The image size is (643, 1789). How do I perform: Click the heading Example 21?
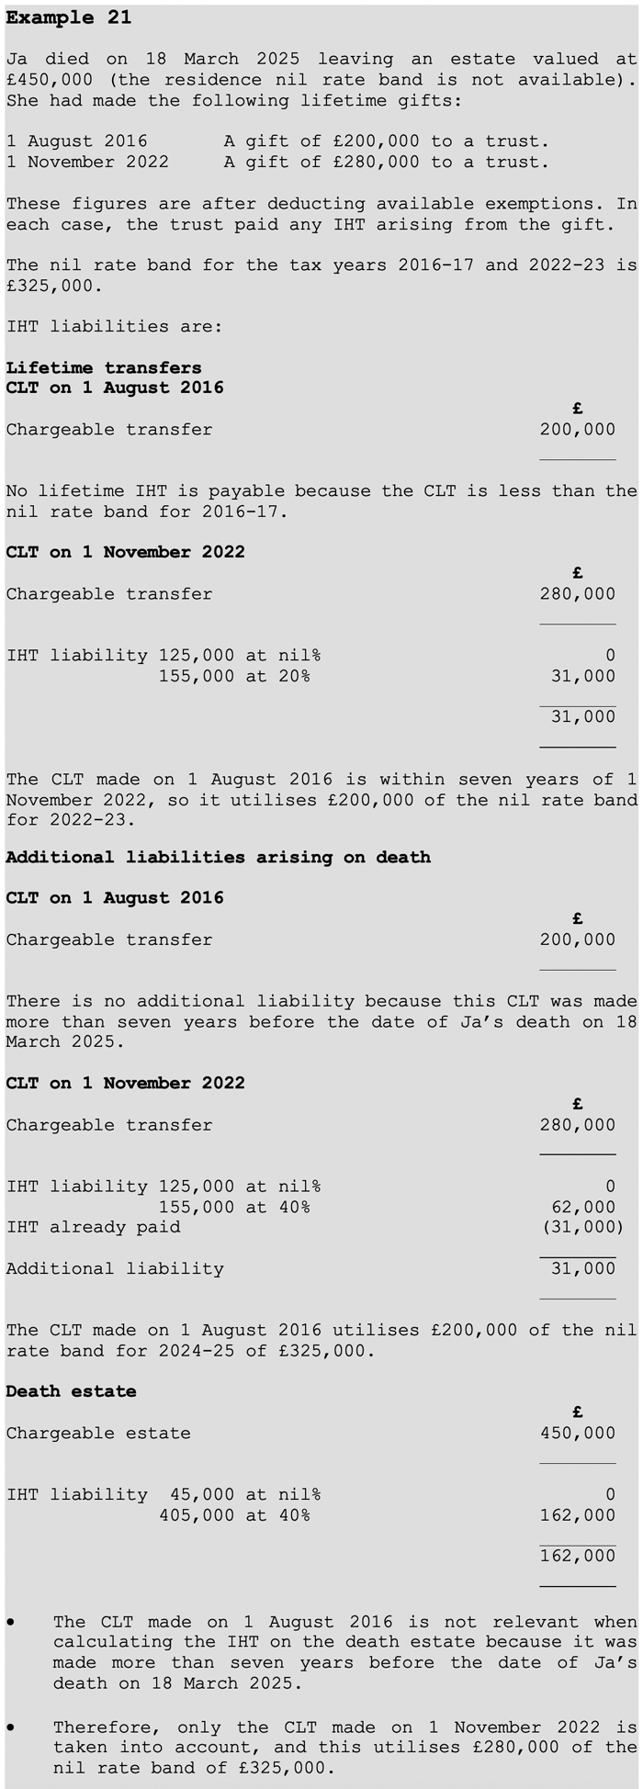click(69, 18)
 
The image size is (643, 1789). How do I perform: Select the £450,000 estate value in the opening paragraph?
click(49, 80)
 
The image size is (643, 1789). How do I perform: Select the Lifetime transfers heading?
click(104, 367)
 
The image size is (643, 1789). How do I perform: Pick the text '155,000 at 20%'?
click(234, 676)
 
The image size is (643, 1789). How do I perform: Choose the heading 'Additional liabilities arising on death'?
click(218, 857)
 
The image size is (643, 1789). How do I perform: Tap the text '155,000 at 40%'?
click(234, 1207)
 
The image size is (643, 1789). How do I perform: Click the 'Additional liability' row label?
click(115, 1268)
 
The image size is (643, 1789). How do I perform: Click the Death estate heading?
click(71, 1391)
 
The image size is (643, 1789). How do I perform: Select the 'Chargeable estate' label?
click(98, 1433)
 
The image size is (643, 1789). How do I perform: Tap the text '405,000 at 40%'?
click(234, 1515)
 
